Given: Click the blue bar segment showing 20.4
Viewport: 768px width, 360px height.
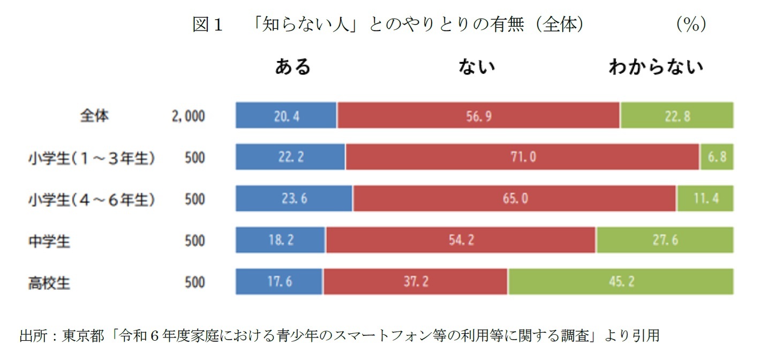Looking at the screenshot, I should [286, 116].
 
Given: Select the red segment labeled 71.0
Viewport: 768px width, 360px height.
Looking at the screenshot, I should [522, 157].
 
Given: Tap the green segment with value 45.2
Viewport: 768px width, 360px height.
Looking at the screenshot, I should [621, 282].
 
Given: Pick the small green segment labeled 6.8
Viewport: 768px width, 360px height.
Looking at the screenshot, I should [717, 157].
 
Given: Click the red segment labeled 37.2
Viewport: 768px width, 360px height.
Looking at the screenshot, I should [416, 282].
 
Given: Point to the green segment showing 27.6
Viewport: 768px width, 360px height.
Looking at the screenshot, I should [665, 240].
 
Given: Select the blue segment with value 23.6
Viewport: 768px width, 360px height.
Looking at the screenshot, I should [294, 199].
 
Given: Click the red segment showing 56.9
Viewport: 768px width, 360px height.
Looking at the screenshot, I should [478, 116].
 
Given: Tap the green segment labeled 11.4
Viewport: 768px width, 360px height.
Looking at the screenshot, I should [705, 199].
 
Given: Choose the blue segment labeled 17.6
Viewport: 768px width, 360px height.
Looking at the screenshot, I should [279, 282].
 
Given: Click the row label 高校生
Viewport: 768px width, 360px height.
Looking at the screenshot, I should [49, 282].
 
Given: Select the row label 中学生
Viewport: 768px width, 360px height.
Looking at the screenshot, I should [49, 241].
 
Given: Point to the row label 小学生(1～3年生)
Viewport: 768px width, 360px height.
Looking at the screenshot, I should [92, 158].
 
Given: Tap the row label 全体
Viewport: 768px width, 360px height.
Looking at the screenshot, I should [94, 116].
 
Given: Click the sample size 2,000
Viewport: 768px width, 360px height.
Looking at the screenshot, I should [188, 116].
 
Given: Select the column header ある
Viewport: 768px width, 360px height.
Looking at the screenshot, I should [292, 67].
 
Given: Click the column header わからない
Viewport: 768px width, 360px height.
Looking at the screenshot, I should [656, 67].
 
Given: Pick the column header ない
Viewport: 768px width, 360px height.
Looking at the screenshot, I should [476, 67].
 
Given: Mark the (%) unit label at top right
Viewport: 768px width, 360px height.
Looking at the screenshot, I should [690, 24].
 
